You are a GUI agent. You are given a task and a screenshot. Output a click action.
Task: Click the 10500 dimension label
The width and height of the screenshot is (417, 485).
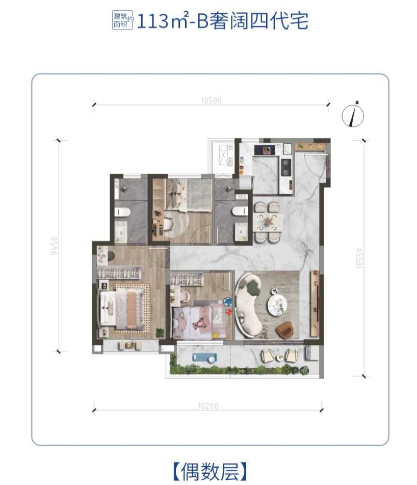coord(211,100)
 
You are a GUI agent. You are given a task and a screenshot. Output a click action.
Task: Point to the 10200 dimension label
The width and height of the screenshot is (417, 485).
coord(208,406)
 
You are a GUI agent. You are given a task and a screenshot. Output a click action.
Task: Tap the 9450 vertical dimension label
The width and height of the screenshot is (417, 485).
coord(54,246)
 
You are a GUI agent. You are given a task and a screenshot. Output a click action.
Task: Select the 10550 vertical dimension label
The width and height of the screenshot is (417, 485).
coord(359,258)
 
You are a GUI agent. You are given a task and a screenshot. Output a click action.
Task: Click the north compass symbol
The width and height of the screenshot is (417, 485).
coord(353,115)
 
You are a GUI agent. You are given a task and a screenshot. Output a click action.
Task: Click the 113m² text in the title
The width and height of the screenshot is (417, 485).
coord(163,21)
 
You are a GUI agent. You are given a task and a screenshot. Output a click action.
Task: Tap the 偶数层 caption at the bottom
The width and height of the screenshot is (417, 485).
coord(210,471)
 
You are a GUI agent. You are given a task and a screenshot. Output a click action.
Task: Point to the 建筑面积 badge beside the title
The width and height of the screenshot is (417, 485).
coord(122,20)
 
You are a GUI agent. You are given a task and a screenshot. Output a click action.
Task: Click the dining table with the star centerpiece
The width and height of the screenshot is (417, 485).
coord(268,222)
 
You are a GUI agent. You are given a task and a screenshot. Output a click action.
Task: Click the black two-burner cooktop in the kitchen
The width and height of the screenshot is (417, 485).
coord(286,167)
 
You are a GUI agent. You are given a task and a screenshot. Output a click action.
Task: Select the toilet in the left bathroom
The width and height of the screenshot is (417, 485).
coord(122,212)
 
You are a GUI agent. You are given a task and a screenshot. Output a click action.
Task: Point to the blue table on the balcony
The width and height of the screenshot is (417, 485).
coord(204,358)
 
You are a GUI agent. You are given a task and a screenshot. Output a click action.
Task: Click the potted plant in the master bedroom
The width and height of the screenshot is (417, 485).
coord(160,333)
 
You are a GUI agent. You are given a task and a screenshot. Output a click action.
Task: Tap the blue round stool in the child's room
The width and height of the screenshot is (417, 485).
coord(227,301)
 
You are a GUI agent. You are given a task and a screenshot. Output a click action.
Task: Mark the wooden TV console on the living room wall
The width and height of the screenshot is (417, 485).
coord(315,304)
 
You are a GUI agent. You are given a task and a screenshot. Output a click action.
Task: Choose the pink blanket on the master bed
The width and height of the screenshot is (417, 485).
coord(131,309)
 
